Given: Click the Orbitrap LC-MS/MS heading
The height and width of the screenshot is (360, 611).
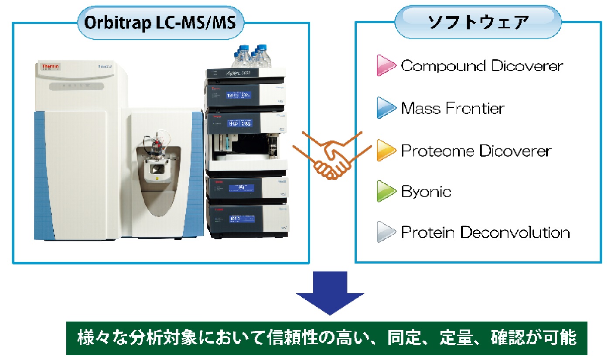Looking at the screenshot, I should (x=160, y=23).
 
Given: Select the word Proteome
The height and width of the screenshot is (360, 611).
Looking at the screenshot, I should (x=438, y=151).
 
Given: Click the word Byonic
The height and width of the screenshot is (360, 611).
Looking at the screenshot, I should (x=426, y=192).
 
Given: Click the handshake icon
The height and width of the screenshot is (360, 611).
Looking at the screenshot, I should (x=332, y=155).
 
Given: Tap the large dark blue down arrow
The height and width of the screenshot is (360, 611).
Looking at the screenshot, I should (x=330, y=292).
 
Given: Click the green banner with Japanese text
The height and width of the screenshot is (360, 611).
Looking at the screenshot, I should (x=327, y=338).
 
